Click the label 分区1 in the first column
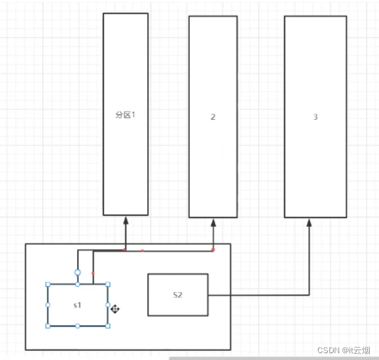(125, 115)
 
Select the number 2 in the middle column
(213, 117)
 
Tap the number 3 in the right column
(316, 117)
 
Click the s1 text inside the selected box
(77, 306)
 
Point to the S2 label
(177, 295)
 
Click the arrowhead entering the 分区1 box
(126, 220)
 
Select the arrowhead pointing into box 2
(213, 223)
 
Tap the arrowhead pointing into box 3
(309, 223)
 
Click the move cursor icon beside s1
(115, 309)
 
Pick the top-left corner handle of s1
(47, 284)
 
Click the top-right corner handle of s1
(108, 284)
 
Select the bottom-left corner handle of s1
(47, 325)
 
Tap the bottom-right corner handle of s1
(108, 325)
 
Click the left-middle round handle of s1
(47, 305)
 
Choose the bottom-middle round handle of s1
(78, 325)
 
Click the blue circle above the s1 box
(78, 272)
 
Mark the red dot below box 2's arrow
(213, 250)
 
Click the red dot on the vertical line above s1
(93, 273)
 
